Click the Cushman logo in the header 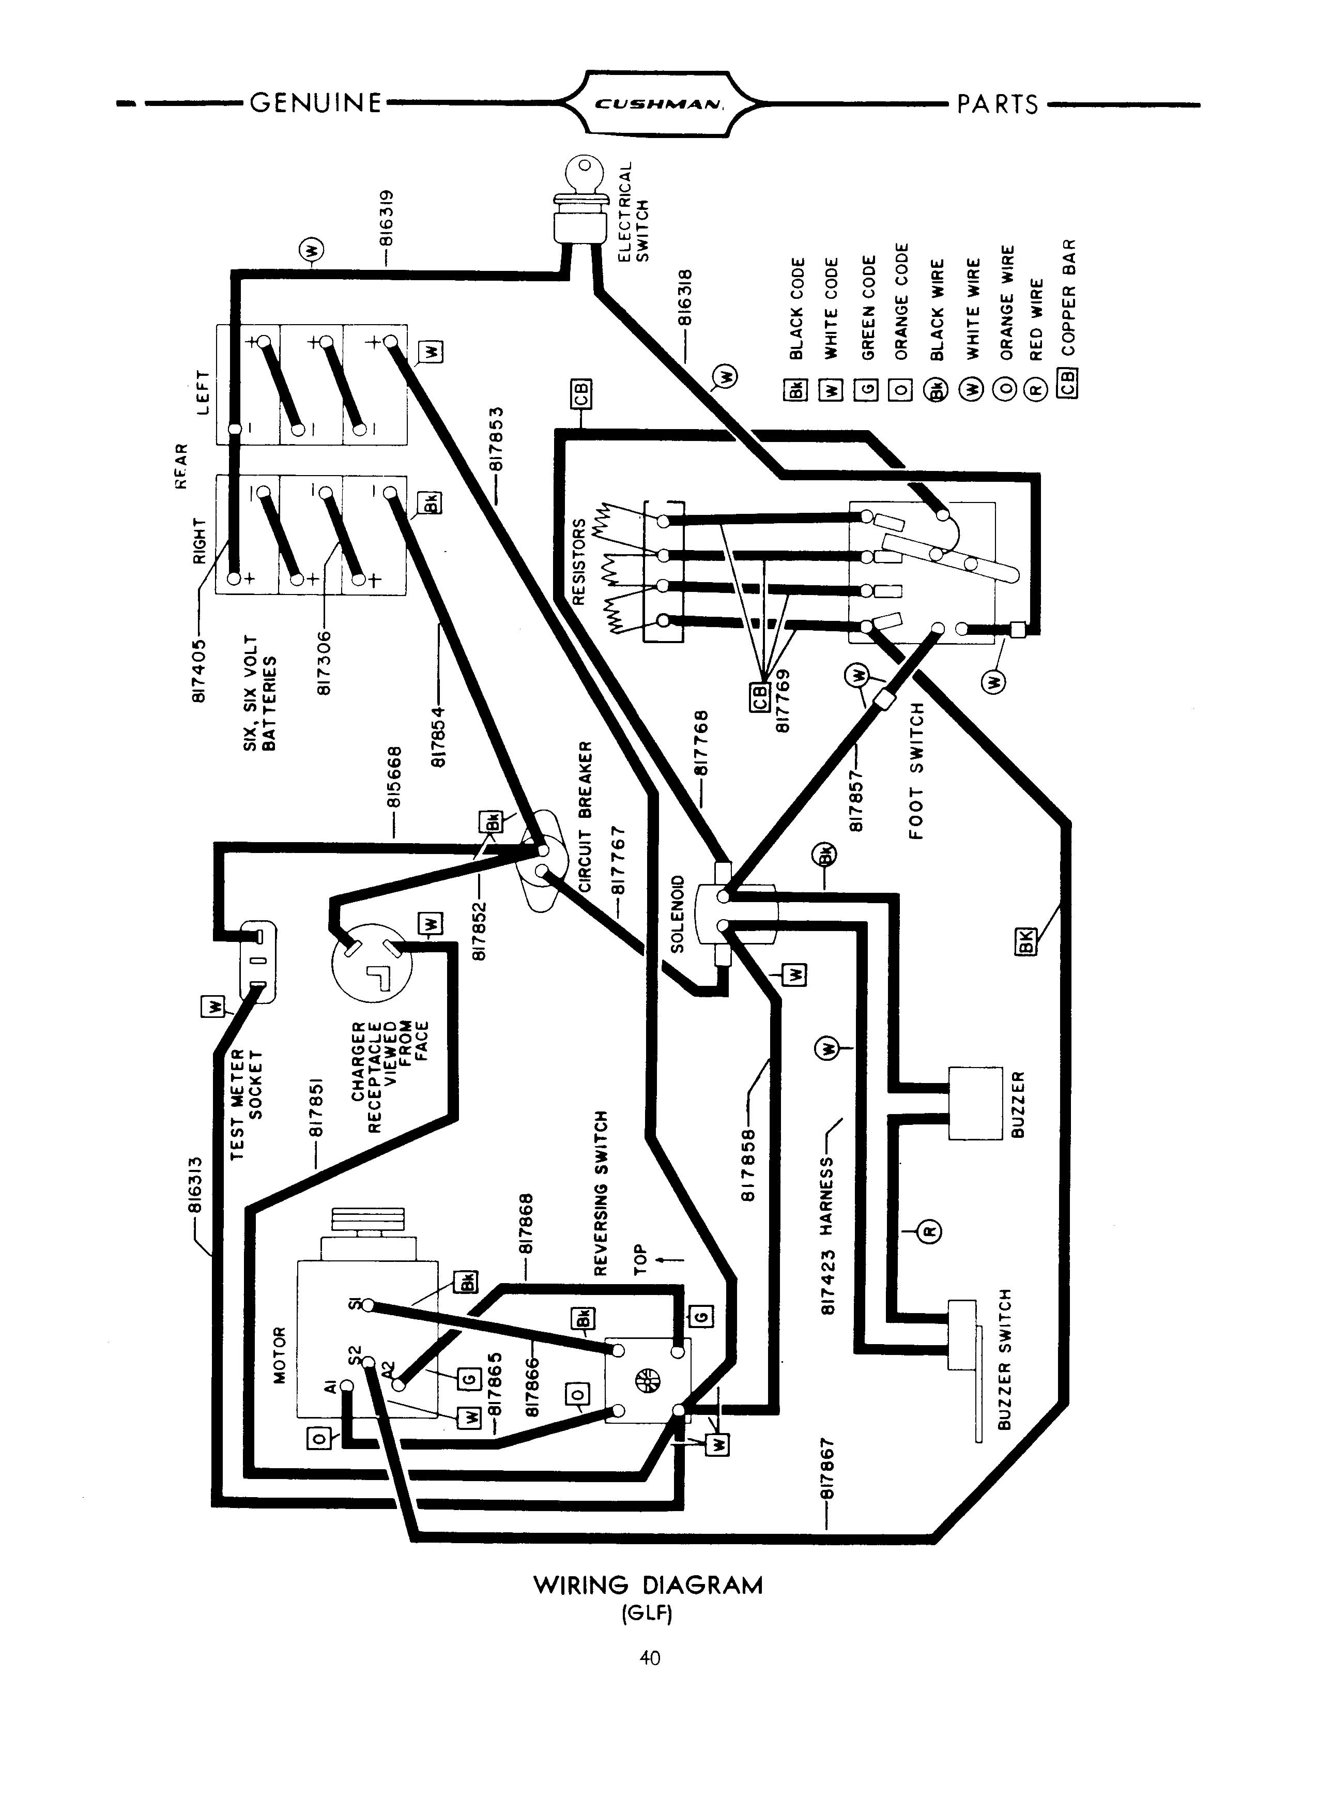(658, 103)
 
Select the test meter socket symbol (258, 960)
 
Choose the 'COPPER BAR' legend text (1069, 297)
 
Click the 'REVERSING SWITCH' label (602, 1192)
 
